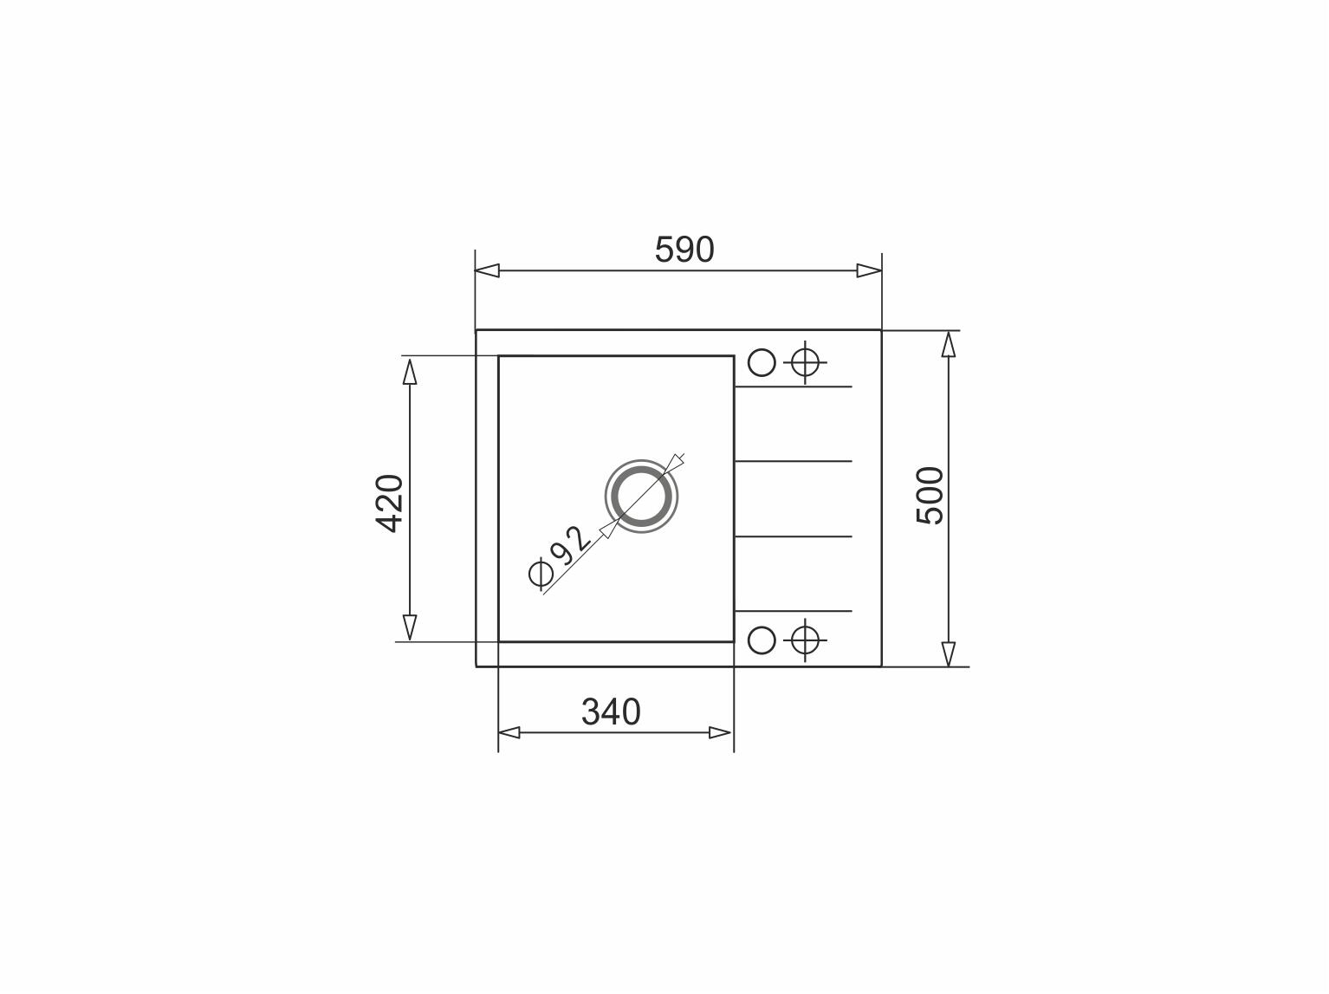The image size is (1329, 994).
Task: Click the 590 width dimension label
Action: point(684,250)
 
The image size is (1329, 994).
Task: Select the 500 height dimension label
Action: point(930,495)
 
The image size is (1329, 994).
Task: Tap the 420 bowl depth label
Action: point(389,503)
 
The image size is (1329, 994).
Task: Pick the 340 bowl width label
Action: point(611,711)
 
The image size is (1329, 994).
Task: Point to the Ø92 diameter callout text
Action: point(559,557)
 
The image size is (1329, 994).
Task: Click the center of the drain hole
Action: point(641,497)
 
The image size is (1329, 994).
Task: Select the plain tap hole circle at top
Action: point(762,362)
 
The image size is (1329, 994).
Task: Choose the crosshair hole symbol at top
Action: point(805,362)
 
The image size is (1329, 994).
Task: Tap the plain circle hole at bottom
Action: point(762,640)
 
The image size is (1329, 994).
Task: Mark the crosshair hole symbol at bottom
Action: point(805,640)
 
